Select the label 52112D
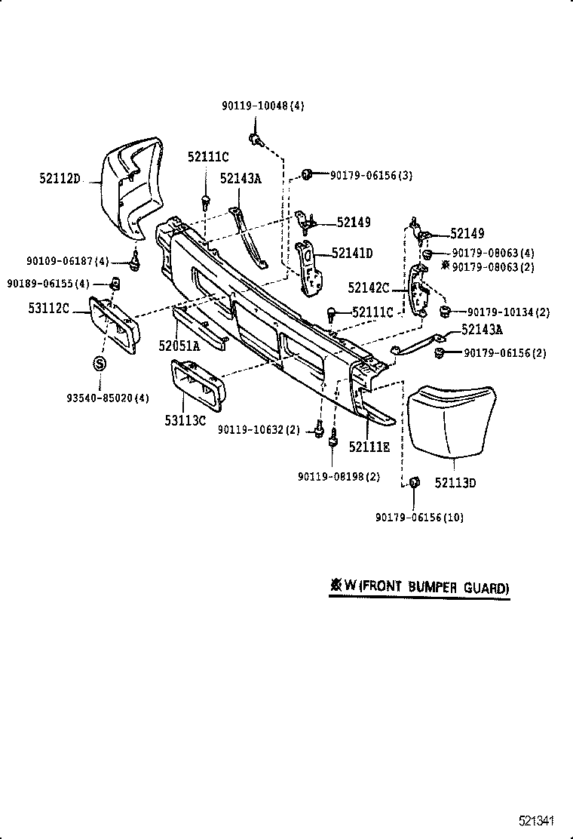click(x=60, y=179)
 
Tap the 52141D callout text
click(x=352, y=254)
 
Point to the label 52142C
click(x=368, y=287)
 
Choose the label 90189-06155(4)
click(x=48, y=284)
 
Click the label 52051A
click(x=179, y=346)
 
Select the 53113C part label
click(x=185, y=419)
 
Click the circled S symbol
click(x=99, y=364)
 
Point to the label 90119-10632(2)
click(x=259, y=429)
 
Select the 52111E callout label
click(x=369, y=447)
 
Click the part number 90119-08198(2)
click(x=339, y=476)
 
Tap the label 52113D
click(x=455, y=482)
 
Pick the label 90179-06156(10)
click(x=419, y=517)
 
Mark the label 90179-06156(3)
click(x=370, y=176)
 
